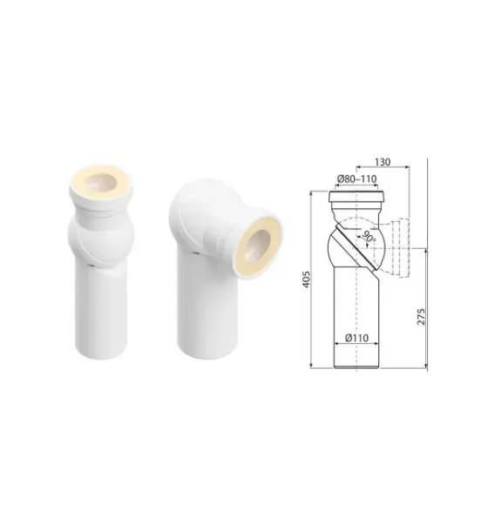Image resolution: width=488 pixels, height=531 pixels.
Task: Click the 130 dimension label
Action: click(383, 162)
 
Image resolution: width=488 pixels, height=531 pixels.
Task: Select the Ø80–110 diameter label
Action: click(356, 178)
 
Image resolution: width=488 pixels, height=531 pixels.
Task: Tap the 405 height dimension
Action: click(306, 279)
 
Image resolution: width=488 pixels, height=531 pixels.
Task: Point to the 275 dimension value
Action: click(421, 317)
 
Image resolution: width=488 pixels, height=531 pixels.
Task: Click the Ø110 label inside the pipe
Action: click(356, 338)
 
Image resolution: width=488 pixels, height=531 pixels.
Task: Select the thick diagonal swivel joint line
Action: click(356, 246)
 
